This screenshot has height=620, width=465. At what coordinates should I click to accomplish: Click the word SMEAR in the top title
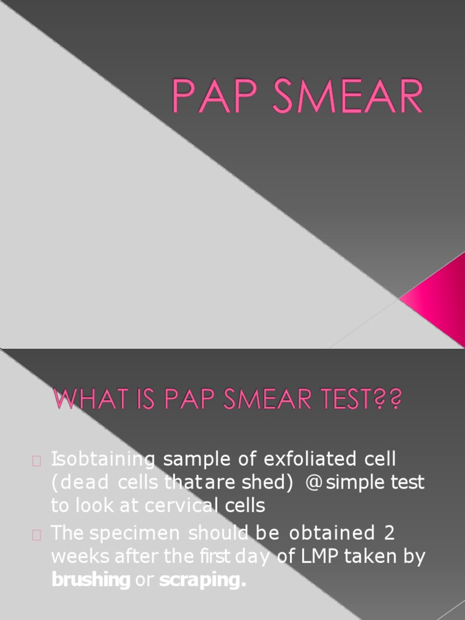point(348,96)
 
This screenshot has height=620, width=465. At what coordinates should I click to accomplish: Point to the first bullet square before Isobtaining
point(36,461)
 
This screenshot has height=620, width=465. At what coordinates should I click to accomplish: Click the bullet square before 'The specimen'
point(36,535)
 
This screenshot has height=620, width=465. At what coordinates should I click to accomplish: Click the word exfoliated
point(309,459)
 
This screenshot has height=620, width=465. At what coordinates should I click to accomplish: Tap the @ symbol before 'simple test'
point(314,483)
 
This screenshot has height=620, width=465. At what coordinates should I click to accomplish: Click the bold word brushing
point(91,580)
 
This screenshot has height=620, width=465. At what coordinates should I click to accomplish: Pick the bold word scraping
point(202,580)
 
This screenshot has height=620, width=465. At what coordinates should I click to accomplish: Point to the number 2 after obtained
point(389,533)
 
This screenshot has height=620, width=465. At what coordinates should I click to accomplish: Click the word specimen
point(135,533)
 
